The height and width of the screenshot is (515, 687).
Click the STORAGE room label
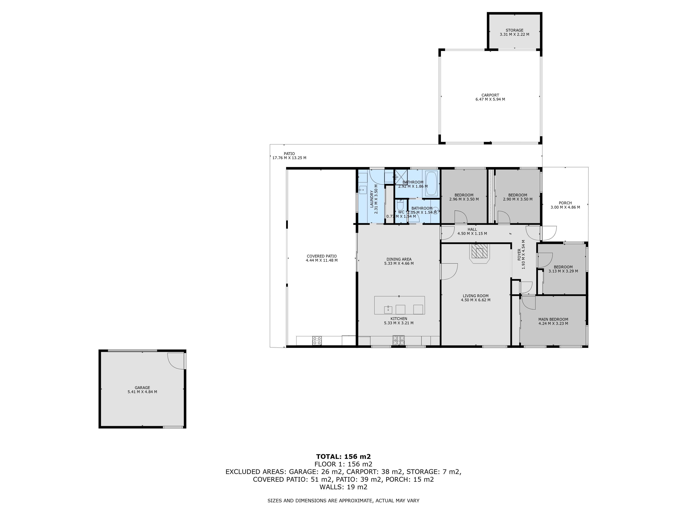[x=514, y=30]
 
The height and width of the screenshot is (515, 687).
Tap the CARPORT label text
[x=490, y=95]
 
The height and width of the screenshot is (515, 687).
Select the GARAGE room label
[x=142, y=388]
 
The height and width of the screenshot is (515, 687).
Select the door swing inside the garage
[x=176, y=361]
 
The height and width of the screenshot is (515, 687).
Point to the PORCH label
[x=565, y=203]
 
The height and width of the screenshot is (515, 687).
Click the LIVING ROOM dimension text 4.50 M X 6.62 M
[x=476, y=300]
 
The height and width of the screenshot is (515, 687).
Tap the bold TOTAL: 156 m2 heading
[x=343, y=457]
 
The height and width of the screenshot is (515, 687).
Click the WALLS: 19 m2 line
[x=343, y=487]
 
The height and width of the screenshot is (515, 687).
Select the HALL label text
[x=472, y=229]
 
